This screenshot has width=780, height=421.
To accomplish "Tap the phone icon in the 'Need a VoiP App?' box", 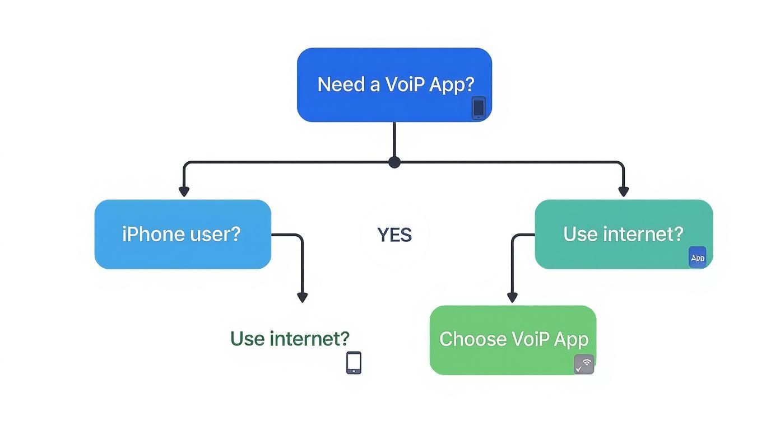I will pyautogui.click(x=478, y=107).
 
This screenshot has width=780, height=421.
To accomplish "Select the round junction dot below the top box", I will pyautogui.click(x=394, y=162).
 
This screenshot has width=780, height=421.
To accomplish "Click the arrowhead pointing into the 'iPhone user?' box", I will pyautogui.click(x=184, y=191).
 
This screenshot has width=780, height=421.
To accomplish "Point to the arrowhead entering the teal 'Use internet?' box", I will pyautogui.click(x=623, y=191).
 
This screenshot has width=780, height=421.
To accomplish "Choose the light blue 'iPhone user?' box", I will pyautogui.click(x=183, y=234).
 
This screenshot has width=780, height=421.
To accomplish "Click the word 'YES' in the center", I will pyautogui.click(x=394, y=235).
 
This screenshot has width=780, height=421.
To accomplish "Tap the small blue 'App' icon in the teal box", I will pyautogui.click(x=698, y=258).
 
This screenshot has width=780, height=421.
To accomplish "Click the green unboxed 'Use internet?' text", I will pyautogui.click(x=290, y=338).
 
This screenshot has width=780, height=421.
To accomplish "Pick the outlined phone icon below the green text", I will pyautogui.click(x=354, y=362).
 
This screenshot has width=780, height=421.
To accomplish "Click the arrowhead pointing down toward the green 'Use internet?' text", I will pyautogui.click(x=302, y=297).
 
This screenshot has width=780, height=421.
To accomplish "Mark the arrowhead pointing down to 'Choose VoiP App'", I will pyautogui.click(x=512, y=297).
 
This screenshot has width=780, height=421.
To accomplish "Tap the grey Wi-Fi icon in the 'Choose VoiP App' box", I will pyautogui.click(x=584, y=364).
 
